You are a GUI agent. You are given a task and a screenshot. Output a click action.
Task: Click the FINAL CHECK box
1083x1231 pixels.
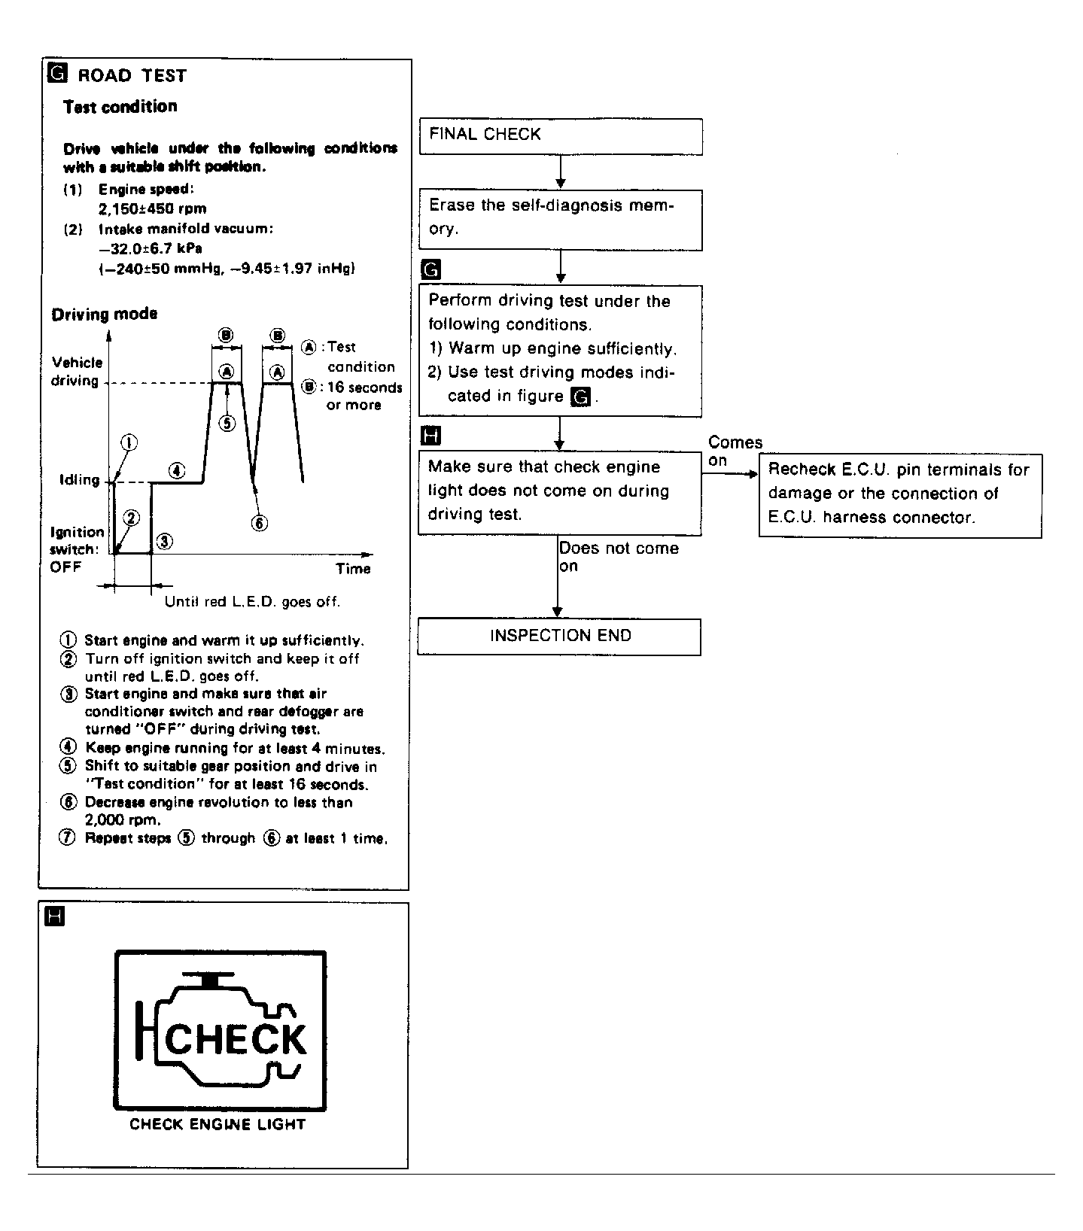coord(561,136)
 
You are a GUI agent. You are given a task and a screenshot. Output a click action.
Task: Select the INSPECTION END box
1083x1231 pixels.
coord(559,637)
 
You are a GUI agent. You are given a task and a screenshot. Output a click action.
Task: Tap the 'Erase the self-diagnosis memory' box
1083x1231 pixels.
coord(561,219)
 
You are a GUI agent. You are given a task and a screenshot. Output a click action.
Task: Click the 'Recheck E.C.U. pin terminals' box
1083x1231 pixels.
coord(900,495)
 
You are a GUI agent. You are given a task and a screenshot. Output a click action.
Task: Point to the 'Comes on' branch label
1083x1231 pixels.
coord(735,451)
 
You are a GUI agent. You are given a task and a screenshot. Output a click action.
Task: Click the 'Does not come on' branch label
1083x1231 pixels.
coord(618,557)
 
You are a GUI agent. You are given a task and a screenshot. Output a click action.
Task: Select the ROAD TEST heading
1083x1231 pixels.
coord(132,75)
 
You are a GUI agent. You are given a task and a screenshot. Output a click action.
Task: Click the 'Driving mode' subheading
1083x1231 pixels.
coord(105,315)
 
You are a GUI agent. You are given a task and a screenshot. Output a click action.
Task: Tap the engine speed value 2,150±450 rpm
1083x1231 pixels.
coord(153,208)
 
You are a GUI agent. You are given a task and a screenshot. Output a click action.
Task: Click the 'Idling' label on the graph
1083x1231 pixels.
coord(79,479)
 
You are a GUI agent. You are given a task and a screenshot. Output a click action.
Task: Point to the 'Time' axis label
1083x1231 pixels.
coord(353,569)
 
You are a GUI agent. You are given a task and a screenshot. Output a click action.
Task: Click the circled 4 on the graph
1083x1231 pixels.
coord(177,471)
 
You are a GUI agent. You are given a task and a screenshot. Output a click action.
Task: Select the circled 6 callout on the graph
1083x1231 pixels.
coord(259,524)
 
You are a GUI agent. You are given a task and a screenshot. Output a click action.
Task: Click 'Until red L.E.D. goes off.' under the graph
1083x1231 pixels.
coord(252,601)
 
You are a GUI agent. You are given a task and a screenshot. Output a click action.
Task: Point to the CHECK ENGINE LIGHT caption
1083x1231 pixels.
coord(218,1124)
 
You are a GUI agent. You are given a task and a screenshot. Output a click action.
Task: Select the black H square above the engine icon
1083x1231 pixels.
coord(56,916)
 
